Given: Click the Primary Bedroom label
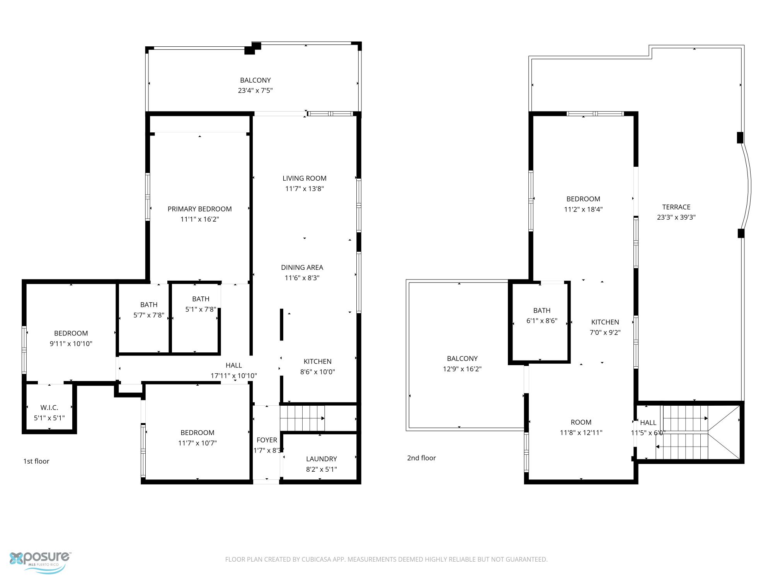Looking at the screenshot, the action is [199, 209].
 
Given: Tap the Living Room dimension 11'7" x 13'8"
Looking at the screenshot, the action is [304, 189].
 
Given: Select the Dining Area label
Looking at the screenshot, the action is [302, 267].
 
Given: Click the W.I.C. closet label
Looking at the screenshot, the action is [49, 408].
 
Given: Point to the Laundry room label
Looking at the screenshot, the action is [322, 459].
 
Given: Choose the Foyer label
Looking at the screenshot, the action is [267, 440].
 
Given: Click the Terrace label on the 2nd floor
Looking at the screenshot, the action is [676, 207].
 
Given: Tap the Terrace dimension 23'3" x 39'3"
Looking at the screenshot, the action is [676, 217].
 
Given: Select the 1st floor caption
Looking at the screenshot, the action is [36, 461].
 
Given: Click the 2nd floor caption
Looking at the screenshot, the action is [421, 458].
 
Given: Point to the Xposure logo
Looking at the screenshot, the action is [40, 562].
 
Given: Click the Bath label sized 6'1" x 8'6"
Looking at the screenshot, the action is [541, 310].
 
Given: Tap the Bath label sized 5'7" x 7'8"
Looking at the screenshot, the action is [149, 305].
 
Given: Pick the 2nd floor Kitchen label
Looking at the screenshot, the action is [605, 322].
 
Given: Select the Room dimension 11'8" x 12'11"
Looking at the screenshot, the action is [581, 433].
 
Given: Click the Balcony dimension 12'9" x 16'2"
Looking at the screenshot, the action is [462, 369].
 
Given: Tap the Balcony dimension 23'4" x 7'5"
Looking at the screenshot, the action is [255, 91].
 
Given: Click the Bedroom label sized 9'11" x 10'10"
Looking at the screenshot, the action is [71, 333].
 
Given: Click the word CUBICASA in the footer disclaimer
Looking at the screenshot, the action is [318, 559].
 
